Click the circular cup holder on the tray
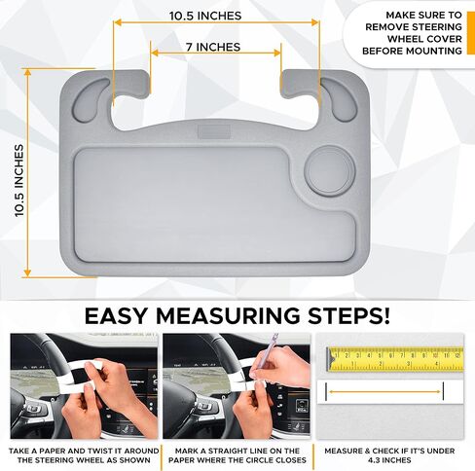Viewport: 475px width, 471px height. (x=330, y=171)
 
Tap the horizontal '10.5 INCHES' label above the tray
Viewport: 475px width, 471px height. (x=205, y=16)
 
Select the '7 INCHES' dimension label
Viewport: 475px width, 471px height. (x=213, y=47)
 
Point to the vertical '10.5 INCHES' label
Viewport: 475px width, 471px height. (x=19, y=180)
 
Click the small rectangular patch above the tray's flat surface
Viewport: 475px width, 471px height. (x=214, y=131)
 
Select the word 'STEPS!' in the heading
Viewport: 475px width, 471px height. (x=348, y=315)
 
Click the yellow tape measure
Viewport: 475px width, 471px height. (x=394, y=358)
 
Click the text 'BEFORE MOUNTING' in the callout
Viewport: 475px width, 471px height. (x=412, y=51)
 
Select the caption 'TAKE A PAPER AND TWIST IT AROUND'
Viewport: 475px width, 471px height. (x=84, y=451)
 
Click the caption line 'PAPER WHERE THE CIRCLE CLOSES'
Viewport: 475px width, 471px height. (x=237, y=460)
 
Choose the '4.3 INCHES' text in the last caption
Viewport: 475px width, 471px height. (x=389, y=460)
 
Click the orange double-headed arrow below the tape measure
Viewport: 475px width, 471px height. (x=384, y=391)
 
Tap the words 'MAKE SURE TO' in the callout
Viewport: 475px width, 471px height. (x=423, y=16)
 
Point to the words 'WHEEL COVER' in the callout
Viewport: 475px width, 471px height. (x=424, y=39)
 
